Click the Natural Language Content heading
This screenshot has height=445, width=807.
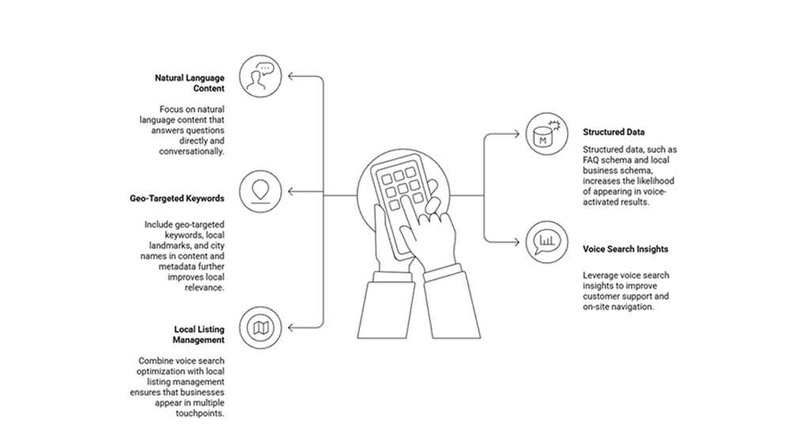point(189,83)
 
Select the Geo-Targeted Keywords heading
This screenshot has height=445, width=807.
point(176,198)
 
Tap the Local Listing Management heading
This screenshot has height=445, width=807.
point(199,334)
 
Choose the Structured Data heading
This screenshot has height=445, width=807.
point(614,132)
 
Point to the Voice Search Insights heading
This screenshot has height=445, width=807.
point(625,249)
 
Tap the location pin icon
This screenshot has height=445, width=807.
point(259,192)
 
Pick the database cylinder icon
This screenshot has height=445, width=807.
point(544,135)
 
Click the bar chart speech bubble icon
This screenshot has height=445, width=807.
point(544,241)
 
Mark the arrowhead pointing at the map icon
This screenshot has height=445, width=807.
point(292,327)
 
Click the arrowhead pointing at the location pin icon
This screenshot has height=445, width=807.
point(292,192)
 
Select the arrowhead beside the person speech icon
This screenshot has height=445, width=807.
point(292,77)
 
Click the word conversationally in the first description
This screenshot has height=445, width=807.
point(191,150)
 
